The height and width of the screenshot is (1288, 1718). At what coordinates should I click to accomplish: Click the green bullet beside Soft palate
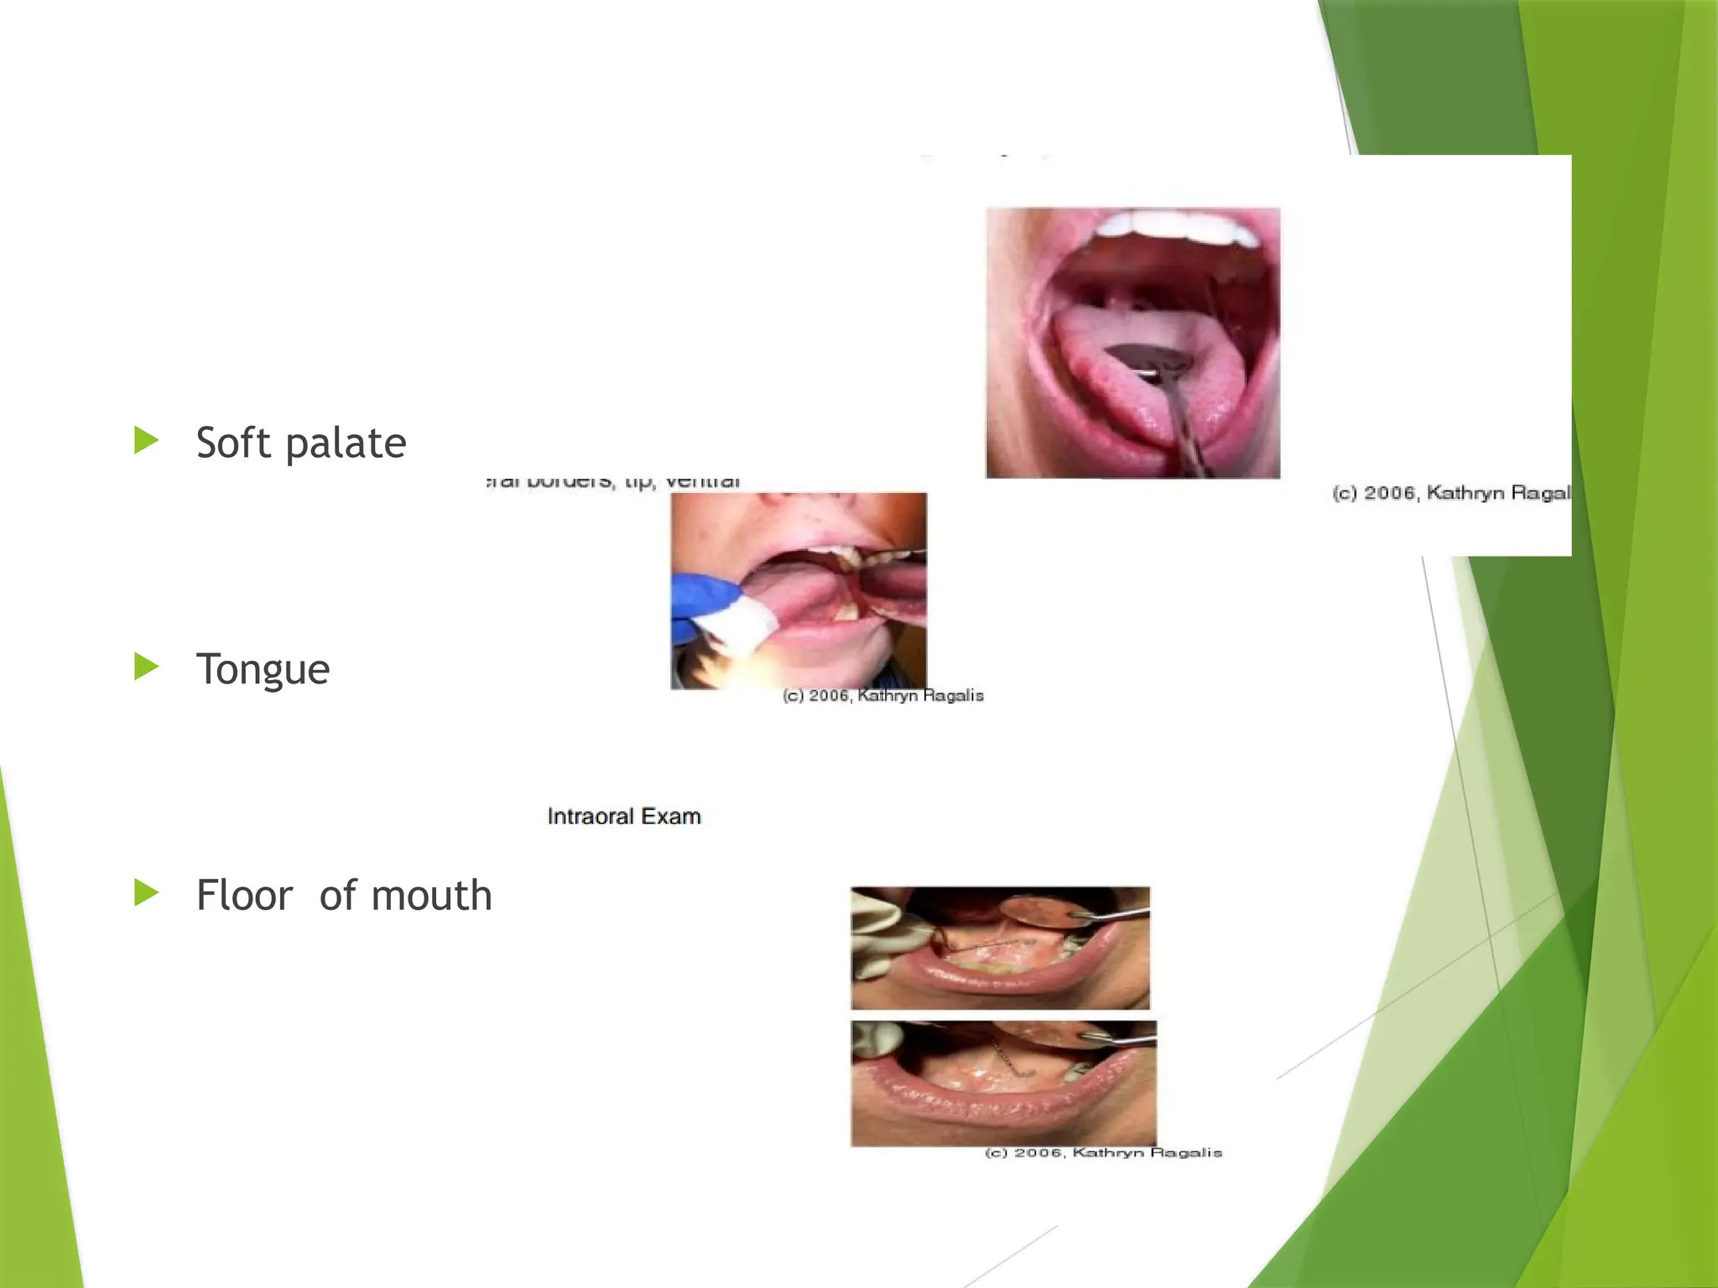pos(146,440)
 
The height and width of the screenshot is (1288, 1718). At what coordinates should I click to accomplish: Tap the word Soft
pos(233,443)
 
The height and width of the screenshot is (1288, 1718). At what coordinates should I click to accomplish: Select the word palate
pos(346,444)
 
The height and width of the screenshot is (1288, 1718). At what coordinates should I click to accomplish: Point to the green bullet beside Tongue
pos(146,667)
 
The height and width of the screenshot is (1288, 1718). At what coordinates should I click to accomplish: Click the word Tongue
pos(263,670)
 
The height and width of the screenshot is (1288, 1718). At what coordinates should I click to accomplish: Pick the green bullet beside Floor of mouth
pos(146,893)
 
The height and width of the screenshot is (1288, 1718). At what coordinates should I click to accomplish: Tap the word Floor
pos(244,895)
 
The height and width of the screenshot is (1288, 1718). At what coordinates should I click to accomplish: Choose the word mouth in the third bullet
pos(431,895)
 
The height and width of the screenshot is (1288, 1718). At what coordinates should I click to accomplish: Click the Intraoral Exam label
pos(623,816)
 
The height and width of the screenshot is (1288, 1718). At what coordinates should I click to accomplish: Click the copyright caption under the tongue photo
pos(882,695)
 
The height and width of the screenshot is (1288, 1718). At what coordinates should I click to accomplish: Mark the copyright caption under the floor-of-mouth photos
pos(1103,1153)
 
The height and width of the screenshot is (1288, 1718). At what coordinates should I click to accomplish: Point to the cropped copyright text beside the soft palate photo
pos(1450,492)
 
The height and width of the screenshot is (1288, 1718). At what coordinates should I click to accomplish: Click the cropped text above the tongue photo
pos(613,482)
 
